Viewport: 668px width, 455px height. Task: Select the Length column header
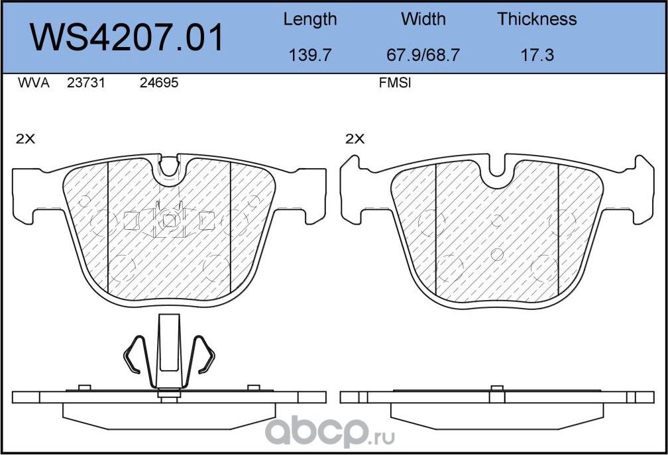pyautogui.click(x=309, y=19)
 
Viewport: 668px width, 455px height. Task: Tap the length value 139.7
pyautogui.click(x=309, y=55)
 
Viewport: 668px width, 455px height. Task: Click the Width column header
pyautogui.click(x=423, y=19)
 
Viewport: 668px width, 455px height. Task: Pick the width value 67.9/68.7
pyautogui.click(x=423, y=55)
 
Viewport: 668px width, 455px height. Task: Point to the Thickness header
pyautogui.click(x=537, y=19)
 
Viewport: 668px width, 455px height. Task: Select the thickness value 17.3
pyautogui.click(x=537, y=55)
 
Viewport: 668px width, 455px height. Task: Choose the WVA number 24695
pyautogui.click(x=159, y=83)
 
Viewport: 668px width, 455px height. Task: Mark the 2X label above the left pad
pyautogui.click(x=25, y=139)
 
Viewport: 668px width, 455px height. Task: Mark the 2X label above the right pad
pyautogui.click(x=355, y=139)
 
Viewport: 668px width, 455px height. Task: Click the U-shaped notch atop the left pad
pyautogui.click(x=170, y=166)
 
